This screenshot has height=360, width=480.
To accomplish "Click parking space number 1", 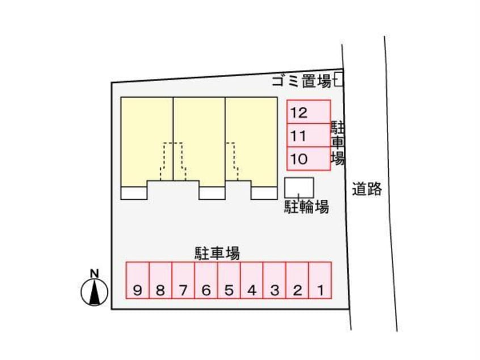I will click(320, 281).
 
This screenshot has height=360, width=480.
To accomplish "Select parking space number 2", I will click(297, 281).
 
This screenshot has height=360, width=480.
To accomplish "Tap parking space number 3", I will click(275, 281).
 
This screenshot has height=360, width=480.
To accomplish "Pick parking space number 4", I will click(252, 281).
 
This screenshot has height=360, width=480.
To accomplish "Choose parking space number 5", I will click(229, 281).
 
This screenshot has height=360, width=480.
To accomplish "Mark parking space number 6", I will click(206, 281).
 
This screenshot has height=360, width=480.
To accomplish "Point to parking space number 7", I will click(183, 281).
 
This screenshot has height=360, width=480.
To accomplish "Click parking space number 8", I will click(160, 281).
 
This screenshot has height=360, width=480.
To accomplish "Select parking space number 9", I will click(137, 281).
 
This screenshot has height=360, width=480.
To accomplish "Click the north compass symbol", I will click(95, 292).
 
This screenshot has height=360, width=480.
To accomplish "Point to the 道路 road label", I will click(366, 189).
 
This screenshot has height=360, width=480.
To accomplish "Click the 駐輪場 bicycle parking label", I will click(306, 207).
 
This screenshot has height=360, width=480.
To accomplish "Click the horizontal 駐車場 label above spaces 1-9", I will click(217, 253).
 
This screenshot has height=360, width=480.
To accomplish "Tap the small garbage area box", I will click(339, 79).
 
